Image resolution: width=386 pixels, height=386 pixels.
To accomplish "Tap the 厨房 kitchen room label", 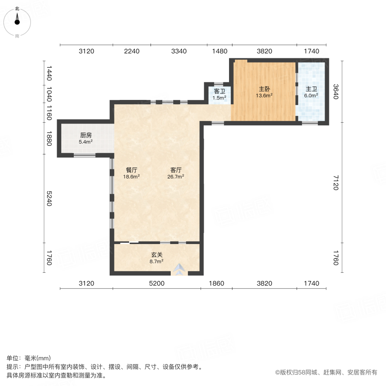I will tap(86, 134).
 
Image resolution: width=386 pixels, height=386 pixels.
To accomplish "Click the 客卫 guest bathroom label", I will tap(220, 91).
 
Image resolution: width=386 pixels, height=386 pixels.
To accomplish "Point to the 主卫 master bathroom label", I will tap(311, 89).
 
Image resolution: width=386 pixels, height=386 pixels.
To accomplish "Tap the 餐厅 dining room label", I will tap(132, 169).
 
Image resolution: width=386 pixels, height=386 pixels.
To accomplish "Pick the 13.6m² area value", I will tap(264, 96).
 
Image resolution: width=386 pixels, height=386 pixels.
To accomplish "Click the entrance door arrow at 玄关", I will tap(179, 269).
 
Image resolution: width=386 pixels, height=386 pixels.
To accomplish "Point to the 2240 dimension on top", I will tap(132, 51).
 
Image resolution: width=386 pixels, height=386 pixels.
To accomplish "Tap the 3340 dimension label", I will tap(179, 51).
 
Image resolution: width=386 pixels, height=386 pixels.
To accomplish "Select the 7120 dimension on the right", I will tap(336, 182).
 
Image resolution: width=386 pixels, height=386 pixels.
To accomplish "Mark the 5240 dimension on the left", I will tap(49, 198).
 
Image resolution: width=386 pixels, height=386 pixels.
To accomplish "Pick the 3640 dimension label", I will tap(336, 91).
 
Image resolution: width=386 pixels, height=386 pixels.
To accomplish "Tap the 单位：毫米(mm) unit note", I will tap(29, 359).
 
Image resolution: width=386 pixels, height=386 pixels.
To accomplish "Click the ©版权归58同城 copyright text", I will tap(326, 373).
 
